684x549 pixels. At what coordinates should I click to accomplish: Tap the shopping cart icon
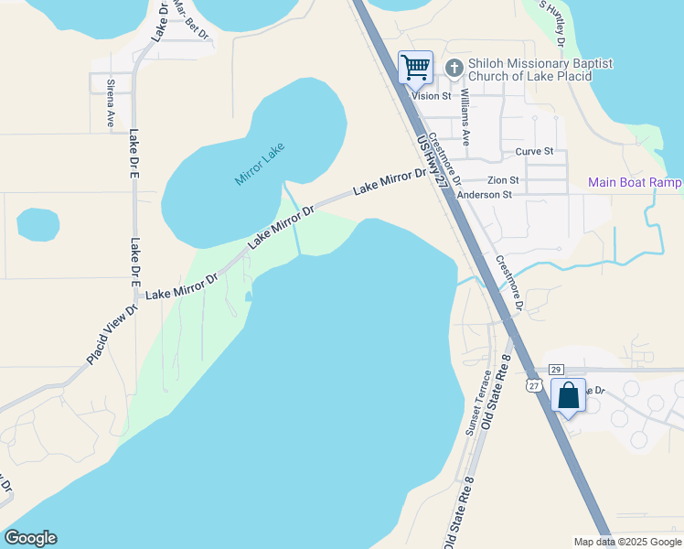415,66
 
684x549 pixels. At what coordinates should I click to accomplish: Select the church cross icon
454,68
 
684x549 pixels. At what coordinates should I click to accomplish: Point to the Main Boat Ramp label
635,183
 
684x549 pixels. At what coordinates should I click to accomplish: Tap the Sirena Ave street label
111,102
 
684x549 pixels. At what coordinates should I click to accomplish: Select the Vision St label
432,95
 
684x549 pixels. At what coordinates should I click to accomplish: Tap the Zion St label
503,180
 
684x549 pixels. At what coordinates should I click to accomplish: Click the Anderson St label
484,195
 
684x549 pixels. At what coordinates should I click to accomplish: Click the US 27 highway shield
533,386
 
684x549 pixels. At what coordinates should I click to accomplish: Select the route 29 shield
556,369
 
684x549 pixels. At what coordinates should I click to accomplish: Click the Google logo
30,538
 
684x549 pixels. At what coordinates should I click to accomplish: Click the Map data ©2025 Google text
627,542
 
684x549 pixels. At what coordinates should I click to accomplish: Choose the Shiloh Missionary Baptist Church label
540,70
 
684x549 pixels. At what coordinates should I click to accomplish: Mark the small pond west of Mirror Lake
38,224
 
